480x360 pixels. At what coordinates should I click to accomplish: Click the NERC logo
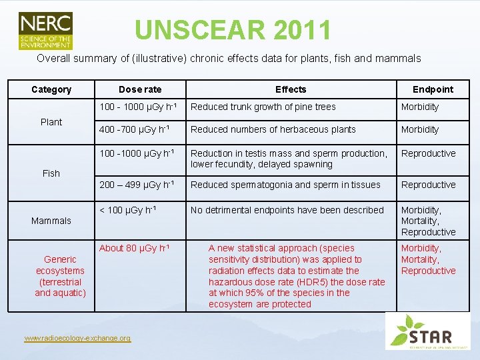click(45, 30)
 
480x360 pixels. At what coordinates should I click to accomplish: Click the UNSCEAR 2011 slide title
click(233, 30)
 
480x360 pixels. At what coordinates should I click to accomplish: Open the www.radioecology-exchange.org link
click(77, 339)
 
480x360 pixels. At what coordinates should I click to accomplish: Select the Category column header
click(51, 89)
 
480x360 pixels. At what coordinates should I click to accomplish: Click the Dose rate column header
click(140, 89)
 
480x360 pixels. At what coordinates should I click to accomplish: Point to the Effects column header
click(291, 89)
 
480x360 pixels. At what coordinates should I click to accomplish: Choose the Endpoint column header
click(433, 89)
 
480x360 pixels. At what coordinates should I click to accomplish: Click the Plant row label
click(51, 122)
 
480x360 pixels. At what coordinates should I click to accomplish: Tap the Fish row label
click(51, 173)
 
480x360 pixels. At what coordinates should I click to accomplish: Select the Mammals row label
click(51, 221)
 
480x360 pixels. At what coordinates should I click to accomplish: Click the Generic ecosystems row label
click(60, 276)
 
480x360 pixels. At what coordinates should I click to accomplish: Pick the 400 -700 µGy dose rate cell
click(135, 129)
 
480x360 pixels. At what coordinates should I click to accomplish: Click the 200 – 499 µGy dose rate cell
click(137, 185)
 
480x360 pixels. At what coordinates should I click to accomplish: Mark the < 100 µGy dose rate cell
click(128, 210)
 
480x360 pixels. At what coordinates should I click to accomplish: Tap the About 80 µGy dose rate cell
click(134, 249)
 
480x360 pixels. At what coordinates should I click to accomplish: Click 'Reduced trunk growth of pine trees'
click(263, 107)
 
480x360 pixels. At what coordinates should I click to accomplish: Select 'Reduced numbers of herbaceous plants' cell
click(273, 129)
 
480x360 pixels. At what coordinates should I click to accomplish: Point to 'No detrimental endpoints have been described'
click(287, 210)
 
